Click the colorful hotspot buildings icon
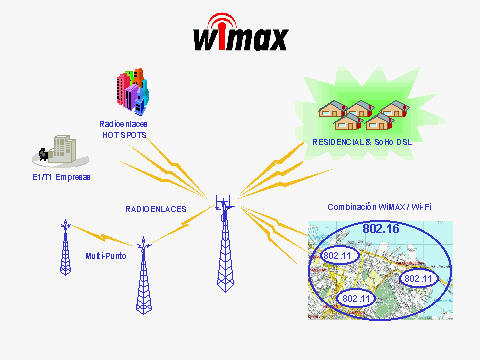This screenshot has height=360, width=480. point(133,91)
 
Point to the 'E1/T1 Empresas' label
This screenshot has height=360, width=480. point(62,176)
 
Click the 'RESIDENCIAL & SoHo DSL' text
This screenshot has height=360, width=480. point(362,143)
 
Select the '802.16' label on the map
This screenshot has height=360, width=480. point(381,229)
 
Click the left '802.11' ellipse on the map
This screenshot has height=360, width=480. point(339,258)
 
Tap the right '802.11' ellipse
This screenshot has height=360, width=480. point(417,278)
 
